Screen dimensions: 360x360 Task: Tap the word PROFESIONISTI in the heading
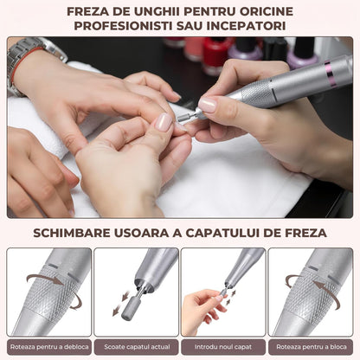119,25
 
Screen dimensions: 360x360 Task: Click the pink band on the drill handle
330,74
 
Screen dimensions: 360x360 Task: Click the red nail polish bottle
216,55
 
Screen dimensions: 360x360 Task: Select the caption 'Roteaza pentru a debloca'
48,346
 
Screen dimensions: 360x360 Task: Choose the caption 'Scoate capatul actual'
136,346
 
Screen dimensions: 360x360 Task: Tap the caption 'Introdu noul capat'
223,346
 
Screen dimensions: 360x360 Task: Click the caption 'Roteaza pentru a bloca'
310,346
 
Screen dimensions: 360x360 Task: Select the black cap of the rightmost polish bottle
304,47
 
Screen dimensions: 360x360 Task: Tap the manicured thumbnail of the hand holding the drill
208,104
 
